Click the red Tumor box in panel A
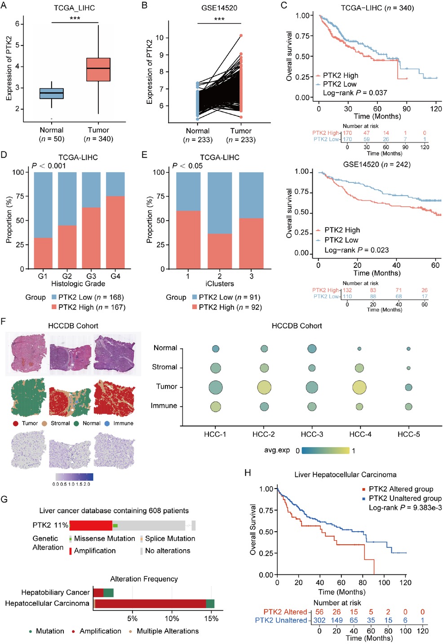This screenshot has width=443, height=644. (98, 69)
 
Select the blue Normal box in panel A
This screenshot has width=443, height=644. (52, 93)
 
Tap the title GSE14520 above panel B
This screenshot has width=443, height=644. (219, 8)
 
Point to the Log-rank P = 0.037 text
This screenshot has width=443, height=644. (355, 93)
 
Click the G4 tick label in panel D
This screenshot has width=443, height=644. (115, 276)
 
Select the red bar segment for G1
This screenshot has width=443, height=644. (43, 253)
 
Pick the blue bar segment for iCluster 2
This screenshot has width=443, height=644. (220, 203)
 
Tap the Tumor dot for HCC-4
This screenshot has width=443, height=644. (359, 386)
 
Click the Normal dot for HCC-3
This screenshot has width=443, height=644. (312, 348)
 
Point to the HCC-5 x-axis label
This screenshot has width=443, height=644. (408, 434)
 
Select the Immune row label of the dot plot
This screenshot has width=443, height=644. (164, 405)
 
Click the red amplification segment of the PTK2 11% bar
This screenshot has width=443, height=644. (91, 525)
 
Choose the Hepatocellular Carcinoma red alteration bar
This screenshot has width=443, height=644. (150, 604)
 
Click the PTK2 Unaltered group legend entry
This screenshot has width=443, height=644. (405, 498)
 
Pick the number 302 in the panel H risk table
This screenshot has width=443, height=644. (319, 620)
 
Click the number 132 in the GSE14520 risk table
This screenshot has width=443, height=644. (347, 290)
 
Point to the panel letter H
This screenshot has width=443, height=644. (248, 473)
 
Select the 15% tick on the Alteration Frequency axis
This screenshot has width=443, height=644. (211, 618)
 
